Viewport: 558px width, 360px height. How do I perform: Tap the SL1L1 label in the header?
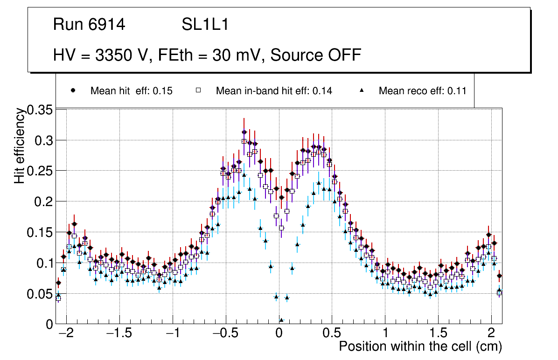205,25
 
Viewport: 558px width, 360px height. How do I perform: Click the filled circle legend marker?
73,90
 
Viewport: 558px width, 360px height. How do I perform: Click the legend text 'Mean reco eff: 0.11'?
423,91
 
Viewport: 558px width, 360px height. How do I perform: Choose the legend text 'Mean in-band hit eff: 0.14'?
274,91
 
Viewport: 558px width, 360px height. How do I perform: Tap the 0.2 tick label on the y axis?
44,201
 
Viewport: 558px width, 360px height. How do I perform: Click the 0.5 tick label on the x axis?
332,334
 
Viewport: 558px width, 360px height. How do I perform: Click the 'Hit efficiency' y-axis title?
20,145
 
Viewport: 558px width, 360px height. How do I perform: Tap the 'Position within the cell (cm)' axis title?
420,347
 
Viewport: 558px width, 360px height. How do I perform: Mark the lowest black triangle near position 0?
281,320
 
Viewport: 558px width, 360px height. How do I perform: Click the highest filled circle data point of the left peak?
244,132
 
